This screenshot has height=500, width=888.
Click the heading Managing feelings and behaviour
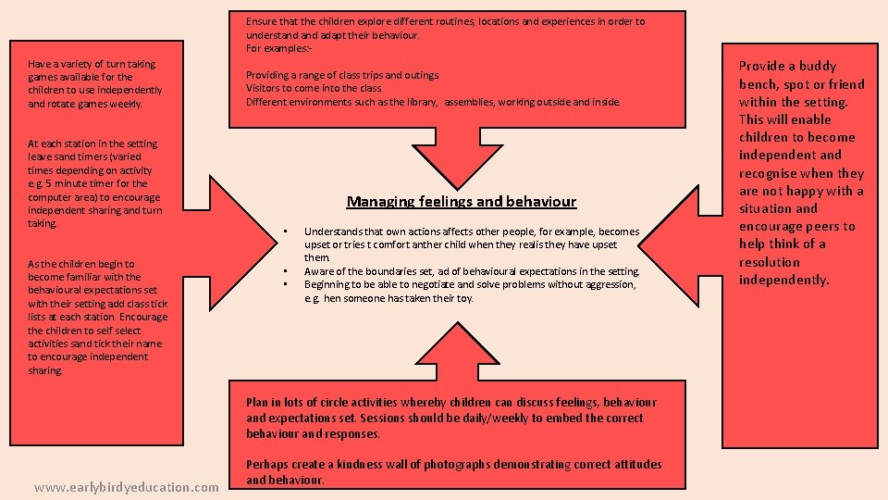pos(461,201)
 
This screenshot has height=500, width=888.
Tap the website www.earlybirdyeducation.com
pos(126,486)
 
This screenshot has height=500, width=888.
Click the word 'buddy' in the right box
pos(817,66)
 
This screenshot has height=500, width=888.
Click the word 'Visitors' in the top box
pos(265,88)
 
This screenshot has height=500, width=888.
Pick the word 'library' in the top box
pos(419,102)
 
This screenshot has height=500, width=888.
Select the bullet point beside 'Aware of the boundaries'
pos(286,271)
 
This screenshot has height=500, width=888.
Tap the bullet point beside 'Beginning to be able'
pos(286,284)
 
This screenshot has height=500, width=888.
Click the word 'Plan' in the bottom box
pos(257,403)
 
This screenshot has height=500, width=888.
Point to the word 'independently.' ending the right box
pos(784,280)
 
